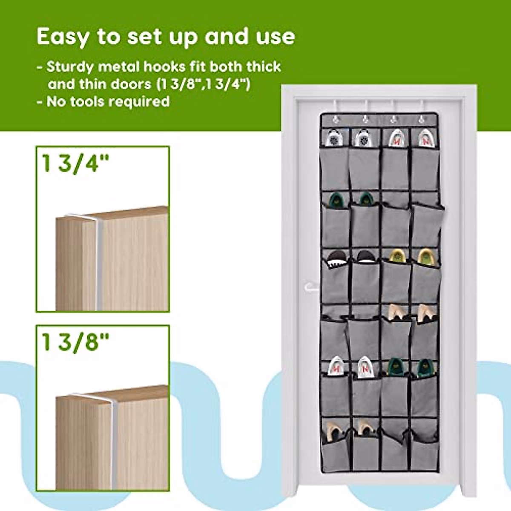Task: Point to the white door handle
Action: click(310, 287)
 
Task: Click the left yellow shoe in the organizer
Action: click(396, 257)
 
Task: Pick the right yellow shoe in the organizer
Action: click(425, 257)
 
